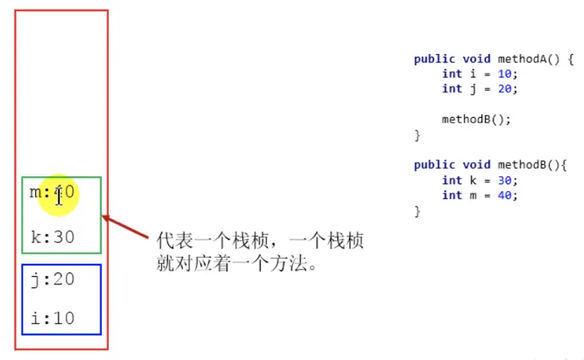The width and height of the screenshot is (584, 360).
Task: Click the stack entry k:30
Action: tap(52, 237)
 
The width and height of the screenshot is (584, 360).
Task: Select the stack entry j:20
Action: tap(52, 280)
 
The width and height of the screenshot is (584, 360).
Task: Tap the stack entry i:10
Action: tap(52, 318)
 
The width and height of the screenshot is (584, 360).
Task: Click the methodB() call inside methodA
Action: tap(470, 118)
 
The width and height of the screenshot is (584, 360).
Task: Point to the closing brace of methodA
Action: tap(417, 135)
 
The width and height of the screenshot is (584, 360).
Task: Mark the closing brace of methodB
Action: tap(417, 211)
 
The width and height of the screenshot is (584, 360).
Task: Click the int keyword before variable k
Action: tap(451, 180)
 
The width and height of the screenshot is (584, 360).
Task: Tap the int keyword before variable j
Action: tap(451, 88)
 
